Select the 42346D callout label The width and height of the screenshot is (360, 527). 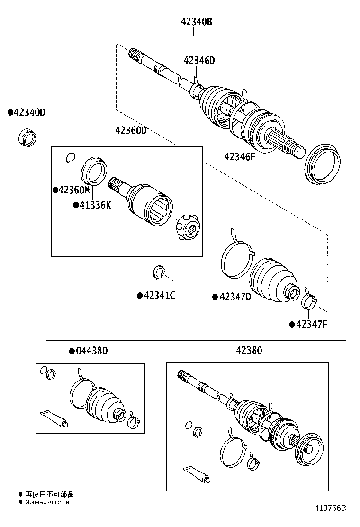(x=199, y=60)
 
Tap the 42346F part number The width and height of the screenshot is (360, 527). (x=240, y=156)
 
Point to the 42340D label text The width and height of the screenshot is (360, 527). (x=29, y=112)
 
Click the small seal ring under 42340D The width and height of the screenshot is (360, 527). (x=28, y=136)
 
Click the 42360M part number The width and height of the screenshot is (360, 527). (x=73, y=190)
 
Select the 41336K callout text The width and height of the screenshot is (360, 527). (x=95, y=205)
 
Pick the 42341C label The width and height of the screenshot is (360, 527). (x=159, y=296)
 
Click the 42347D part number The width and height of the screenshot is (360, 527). (x=235, y=297)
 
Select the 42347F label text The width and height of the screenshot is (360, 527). (x=312, y=324)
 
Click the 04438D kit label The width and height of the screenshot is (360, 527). (x=91, y=351)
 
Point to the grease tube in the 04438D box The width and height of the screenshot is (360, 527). (x=54, y=417)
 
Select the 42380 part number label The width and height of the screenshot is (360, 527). (x=249, y=351)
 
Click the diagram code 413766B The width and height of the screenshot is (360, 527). (x=331, y=508)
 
